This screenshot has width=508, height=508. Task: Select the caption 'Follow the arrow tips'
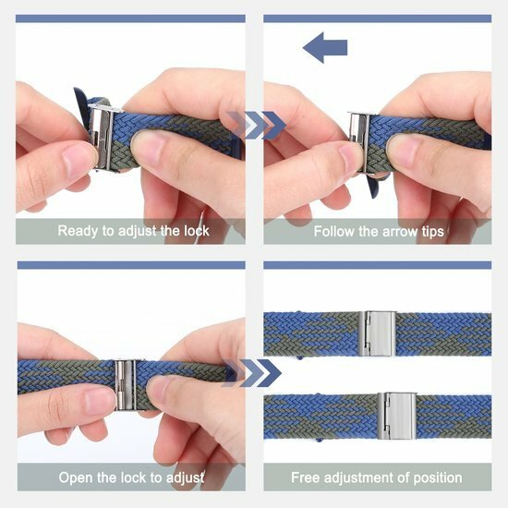click(377, 230)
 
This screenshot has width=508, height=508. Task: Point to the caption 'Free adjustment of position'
click(377, 478)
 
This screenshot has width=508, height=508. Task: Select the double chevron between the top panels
click(254, 126)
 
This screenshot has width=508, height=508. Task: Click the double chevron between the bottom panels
click(254, 373)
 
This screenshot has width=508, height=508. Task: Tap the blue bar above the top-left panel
click(130, 18)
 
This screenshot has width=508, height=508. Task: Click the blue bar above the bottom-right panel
click(377, 265)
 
